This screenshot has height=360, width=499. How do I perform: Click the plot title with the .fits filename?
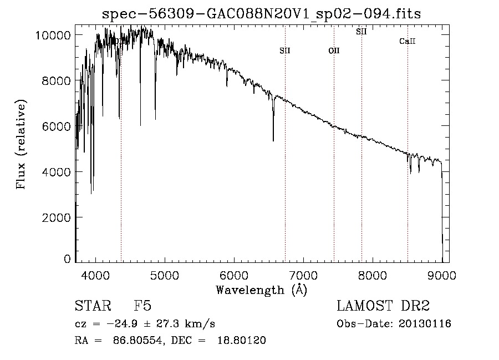(x=262, y=14)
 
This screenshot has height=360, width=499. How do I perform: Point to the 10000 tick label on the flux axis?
(x=53, y=36)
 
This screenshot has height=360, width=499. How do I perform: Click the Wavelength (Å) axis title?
(x=261, y=290)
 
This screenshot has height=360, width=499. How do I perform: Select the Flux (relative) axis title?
(x=22, y=145)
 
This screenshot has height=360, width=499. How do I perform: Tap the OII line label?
(x=334, y=51)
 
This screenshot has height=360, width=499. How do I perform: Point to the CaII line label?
(x=408, y=42)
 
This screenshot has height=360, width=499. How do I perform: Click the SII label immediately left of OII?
(x=285, y=51)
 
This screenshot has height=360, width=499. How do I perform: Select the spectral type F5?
(x=142, y=306)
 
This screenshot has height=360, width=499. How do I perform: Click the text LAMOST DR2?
(x=383, y=306)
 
